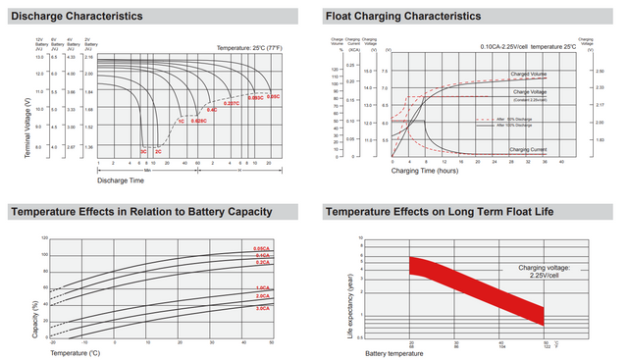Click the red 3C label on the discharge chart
click(x=143, y=152)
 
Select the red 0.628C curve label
click(x=198, y=121)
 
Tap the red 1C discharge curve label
click(x=181, y=121)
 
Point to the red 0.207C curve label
click(x=232, y=103)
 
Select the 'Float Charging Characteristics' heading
click(x=402, y=17)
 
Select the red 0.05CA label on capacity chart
click(x=262, y=248)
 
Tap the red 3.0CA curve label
click(x=262, y=309)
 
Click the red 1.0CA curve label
click(x=262, y=287)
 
